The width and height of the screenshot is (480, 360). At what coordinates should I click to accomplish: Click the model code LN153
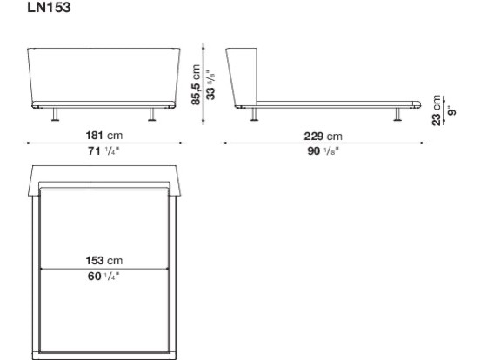click(x=49, y=7)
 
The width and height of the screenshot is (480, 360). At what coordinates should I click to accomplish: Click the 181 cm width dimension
click(x=104, y=136)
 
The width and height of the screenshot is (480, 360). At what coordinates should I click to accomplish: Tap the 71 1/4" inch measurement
click(x=103, y=150)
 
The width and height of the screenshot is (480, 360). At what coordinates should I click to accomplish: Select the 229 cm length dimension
click(x=323, y=136)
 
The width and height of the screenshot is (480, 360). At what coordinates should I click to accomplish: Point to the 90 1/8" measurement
click(x=323, y=151)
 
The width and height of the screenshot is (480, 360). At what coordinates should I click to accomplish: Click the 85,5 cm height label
click(x=196, y=85)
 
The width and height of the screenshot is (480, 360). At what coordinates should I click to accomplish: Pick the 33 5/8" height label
click(x=210, y=85)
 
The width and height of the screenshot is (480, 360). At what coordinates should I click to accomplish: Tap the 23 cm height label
click(x=437, y=110)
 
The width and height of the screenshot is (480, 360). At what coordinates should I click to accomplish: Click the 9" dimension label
click(x=451, y=110)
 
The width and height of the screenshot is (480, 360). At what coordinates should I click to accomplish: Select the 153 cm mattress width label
click(x=104, y=261)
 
